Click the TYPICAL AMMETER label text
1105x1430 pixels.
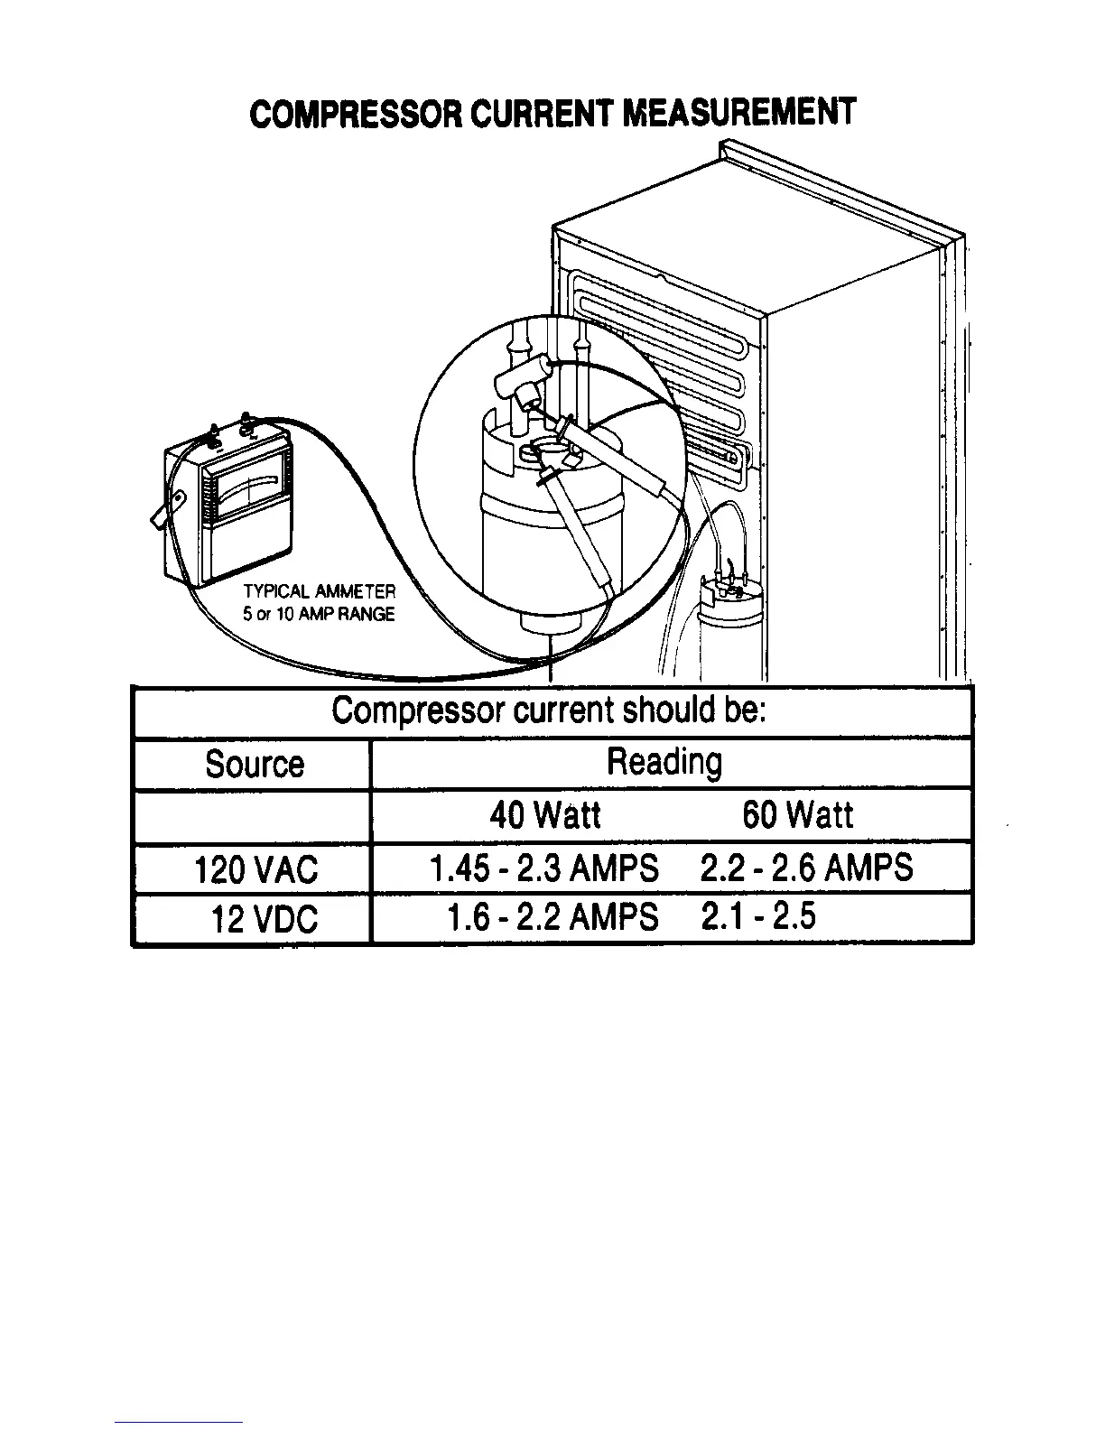click(319, 592)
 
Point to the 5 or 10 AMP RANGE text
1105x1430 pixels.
click(319, 615)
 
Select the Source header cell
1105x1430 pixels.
click(255, 765)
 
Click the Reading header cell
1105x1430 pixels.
click(664, 762)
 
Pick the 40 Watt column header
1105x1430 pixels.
click(544, 815)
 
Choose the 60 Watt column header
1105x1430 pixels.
click(796, 815)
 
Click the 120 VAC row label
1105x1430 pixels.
click(256, 869)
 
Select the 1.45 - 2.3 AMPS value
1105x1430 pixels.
click(543, 868)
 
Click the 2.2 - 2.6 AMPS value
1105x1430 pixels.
click(806, 868)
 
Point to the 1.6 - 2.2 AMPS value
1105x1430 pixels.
click(552, 918)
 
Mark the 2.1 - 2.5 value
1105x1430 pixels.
click(757, 916)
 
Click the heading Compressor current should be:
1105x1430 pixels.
click(549, 711)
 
